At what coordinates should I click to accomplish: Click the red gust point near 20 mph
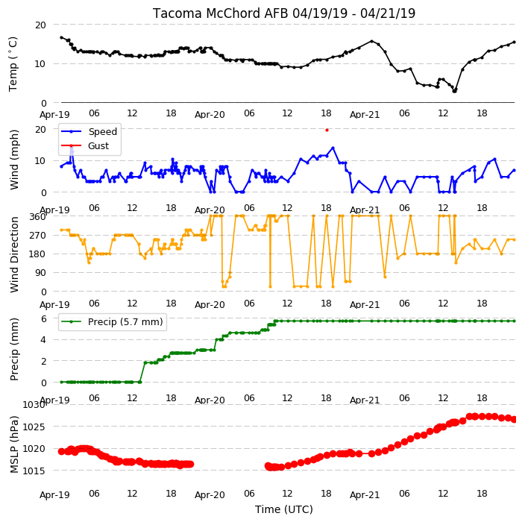(327, 130)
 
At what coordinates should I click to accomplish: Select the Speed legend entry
(89, 131)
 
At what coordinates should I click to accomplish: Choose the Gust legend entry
(85, 145)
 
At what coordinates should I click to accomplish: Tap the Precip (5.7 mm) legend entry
(112, 321)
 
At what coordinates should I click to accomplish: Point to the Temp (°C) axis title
(13, 64)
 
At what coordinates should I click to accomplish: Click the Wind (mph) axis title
(13, 160)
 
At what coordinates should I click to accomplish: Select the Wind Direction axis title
(13, 255)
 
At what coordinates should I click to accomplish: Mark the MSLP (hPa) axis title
(13, 444)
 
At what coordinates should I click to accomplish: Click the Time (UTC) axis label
(284, 509)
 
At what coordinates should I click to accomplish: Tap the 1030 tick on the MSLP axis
(34, 405)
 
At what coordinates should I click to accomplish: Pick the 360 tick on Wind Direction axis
(37, 217)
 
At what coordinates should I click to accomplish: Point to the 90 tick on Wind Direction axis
(40, 272)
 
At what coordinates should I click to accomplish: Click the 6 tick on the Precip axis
(43, 318)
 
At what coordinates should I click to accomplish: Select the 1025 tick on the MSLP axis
(34, 427)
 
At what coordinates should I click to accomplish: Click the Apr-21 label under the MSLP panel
(365, 495)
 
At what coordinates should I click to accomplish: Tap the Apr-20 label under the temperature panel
(210, 115)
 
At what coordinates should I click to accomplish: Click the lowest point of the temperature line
(454, 91)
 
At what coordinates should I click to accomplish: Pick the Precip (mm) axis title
(13, 349)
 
